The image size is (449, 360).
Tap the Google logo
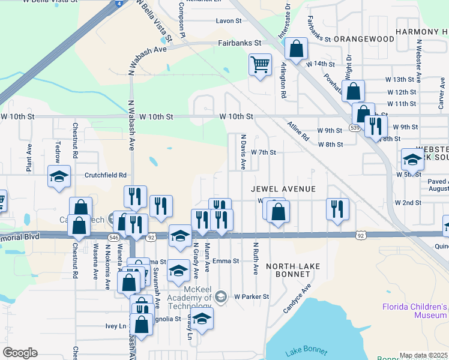pyautogui.click(x=20, y=353)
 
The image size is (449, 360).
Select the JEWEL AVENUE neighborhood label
pyautogui.click(x=283, y=189)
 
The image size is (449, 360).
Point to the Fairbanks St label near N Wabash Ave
pyautogui.click(x=240, y=43)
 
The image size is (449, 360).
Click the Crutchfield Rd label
pyautogui.click(x=105, y=175)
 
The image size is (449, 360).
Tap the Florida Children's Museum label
pyautogui.click(x=415, y=311)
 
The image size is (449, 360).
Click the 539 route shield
pyautogui.click(x=355, y=128)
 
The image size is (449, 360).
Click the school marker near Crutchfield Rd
pyautogui.click(x=59, y=178)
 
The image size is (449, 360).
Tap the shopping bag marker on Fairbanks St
pyautogui.click(x=296, y=49)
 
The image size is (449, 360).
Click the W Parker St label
pyautogui.click(x=250, y=296)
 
